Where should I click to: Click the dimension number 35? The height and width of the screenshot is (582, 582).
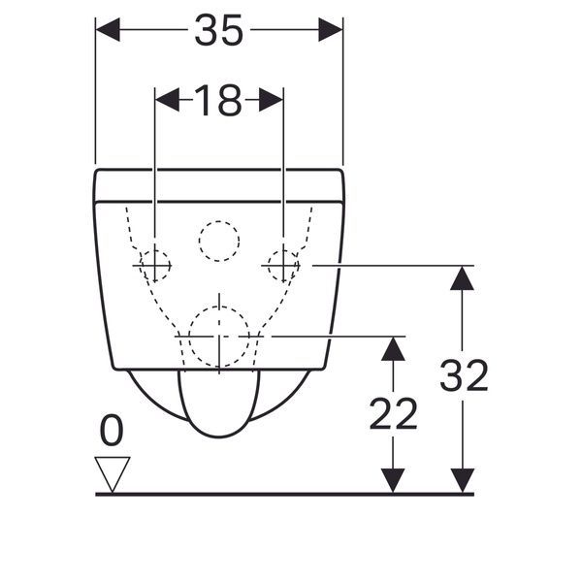click(219, 30)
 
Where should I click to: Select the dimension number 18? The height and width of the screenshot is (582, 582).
click(218, 100)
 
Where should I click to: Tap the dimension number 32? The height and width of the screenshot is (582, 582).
click(464, 375)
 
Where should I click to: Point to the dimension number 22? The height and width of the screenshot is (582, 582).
click(394, 414)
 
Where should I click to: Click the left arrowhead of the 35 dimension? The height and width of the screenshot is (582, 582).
click(108, 29)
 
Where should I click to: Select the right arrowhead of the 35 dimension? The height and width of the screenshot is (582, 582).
click(331, 29)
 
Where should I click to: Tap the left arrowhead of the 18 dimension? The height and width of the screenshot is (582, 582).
click(168, 100)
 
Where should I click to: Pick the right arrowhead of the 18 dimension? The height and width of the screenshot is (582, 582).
click(272, 100)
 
